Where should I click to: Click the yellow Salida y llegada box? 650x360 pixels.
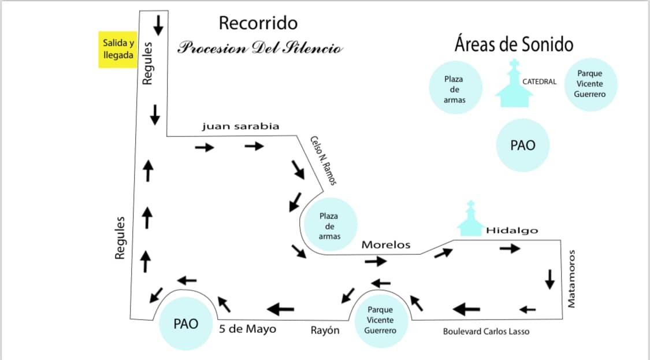coord(118,49)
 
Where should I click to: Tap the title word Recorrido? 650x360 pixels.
coord(258,23)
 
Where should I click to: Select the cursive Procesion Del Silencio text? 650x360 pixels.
coord(260,48)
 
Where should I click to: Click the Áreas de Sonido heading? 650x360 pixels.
coord(514,44)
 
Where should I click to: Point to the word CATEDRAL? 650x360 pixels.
coord(539,81)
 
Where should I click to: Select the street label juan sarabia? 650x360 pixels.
coord(240,126)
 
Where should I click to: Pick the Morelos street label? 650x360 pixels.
coord(386,244)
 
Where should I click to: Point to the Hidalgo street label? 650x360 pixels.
coord(512,231)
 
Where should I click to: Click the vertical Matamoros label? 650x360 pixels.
coord(571,279)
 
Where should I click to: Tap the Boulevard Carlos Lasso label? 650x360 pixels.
coord(486,331)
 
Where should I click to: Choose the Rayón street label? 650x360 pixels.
coord(325,330)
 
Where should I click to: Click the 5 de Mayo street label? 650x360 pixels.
coord(247,329)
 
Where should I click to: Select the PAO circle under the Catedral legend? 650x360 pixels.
coord(523,145)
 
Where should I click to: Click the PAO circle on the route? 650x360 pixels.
coord(185,324)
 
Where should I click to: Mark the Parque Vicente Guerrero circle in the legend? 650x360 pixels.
coord(590,84)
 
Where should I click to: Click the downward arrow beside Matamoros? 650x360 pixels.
coord(549,279)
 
